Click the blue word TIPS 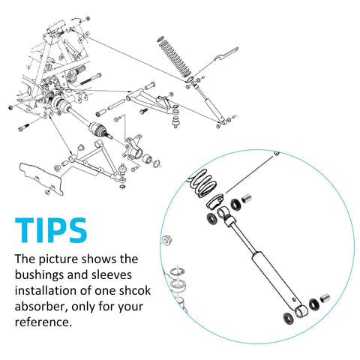coord(51,230)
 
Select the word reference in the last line coord(42,322)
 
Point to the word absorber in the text coord(40,306)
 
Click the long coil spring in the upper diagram coord(175,58)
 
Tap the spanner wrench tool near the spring coord(226,55)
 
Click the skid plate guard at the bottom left coord(41,178)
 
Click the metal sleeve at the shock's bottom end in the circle coord(325,298)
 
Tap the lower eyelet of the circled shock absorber coord(301,311)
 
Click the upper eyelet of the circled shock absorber coord(223,212)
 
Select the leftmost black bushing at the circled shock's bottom coord(289,319)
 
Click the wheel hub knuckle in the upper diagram coord(133,148)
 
